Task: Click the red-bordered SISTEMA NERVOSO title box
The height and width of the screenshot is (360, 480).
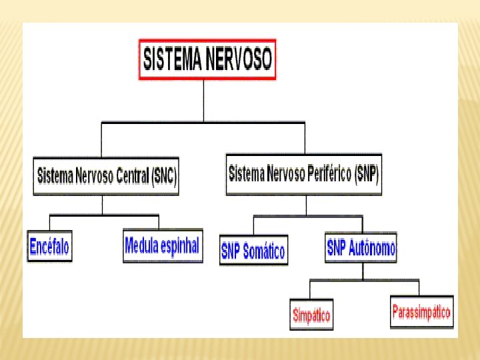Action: point(207,60)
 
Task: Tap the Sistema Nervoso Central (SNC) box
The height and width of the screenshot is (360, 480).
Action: point(107,177)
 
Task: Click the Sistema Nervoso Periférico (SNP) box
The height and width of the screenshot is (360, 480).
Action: point(304,175)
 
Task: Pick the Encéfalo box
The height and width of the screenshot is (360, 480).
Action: point(49,247)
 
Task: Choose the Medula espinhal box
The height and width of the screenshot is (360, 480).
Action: point(162,247)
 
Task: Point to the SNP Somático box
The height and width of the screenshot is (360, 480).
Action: point(253,251)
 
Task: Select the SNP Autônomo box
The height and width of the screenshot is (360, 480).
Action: point(361,249)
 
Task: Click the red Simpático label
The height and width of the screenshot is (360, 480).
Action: point(311,315)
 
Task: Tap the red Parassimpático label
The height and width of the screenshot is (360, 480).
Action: point(421,311)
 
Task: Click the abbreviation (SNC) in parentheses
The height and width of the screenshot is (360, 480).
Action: point(164,177)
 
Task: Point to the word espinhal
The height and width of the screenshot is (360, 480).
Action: point(180,247)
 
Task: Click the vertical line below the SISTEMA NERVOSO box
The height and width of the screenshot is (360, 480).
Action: point(204,101)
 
